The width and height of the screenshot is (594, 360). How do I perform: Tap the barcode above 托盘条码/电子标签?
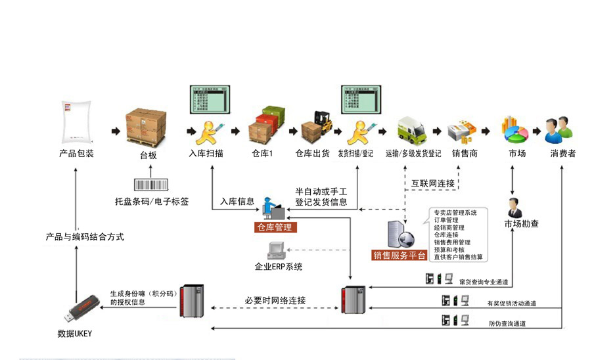pyautogui.click(x=152, y=185)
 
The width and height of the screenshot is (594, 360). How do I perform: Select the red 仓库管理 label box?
pyautogui.click(x=275, y=227)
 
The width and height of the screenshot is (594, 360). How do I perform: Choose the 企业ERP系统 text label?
pyautogui.click(x=279, y=267)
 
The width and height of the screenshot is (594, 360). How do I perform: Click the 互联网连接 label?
pyautogui.click(x=433, y=183)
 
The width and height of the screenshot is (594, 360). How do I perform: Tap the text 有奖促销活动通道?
pyautogui.click(x=512, y=304)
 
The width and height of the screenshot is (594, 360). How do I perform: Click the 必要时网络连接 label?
pyautogui.click(x=275, y=300)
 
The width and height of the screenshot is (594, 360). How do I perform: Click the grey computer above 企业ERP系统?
pyautogui.click(x=277, y=250)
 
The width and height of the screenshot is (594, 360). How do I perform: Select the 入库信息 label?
pyautogui.click(x=237, y=202)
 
